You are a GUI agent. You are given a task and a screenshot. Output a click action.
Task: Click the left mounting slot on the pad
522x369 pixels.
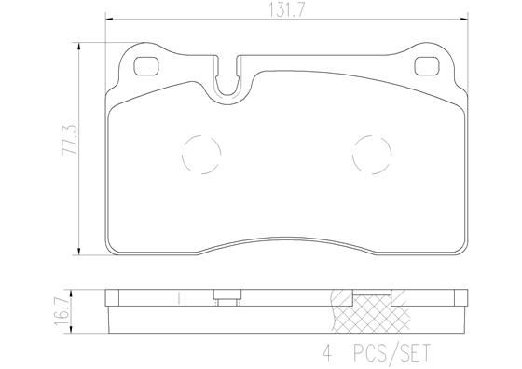tap(147, 67)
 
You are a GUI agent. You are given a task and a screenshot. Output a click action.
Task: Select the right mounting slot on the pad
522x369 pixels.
tap(428, 67)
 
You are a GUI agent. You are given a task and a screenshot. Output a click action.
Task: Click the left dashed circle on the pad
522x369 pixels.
tap(199, 154)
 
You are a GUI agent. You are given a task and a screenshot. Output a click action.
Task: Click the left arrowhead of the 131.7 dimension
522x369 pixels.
tap(109, 20)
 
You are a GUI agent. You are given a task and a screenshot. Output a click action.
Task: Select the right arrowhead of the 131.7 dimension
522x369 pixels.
tap(466, 20)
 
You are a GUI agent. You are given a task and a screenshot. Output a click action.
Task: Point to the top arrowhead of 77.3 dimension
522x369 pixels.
tap(81, 43)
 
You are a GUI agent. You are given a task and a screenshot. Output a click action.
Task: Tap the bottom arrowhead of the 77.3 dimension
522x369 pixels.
tap(81, 253)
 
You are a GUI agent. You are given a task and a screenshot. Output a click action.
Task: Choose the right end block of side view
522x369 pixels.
tap(460, 299)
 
